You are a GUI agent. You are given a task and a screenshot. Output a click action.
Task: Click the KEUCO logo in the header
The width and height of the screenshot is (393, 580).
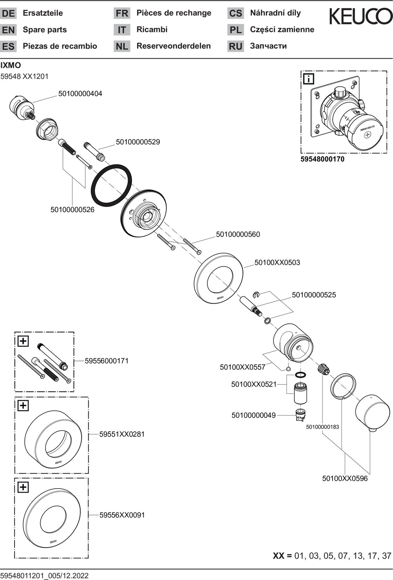tap(361, 16)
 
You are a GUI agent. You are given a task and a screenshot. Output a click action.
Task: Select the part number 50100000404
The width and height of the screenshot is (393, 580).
tap(80, 94)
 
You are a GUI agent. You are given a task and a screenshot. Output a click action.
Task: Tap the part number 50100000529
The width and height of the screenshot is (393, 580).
tap(138, 142)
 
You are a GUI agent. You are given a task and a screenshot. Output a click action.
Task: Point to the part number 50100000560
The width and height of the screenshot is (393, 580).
tap(238, 234)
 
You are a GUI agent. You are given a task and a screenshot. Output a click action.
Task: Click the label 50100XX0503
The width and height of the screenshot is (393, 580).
tap(277, 262)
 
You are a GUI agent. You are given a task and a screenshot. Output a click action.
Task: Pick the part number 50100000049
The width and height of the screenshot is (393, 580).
tap(253, 415)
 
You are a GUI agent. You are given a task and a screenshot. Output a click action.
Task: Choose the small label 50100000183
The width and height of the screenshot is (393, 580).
tap(323, 427)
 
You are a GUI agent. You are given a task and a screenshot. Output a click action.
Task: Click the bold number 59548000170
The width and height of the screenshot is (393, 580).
tap(323, 159)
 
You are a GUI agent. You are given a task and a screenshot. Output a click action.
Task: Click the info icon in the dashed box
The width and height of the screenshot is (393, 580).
tap(309, 79)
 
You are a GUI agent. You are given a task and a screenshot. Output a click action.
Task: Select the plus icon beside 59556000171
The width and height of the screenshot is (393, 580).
tap(23, 341)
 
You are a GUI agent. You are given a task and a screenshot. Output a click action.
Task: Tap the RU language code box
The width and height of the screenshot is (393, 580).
tap(235, 46)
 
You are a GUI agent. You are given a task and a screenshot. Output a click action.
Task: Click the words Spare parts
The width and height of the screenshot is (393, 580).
tap(45, 30)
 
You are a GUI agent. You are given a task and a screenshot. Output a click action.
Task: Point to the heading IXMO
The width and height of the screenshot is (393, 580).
tap(11, 65)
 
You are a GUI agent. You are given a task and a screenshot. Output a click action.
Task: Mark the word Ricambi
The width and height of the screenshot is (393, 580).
tap(152, 29)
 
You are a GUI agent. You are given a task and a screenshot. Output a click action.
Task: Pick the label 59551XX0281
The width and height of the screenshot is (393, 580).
tap(122, 434)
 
